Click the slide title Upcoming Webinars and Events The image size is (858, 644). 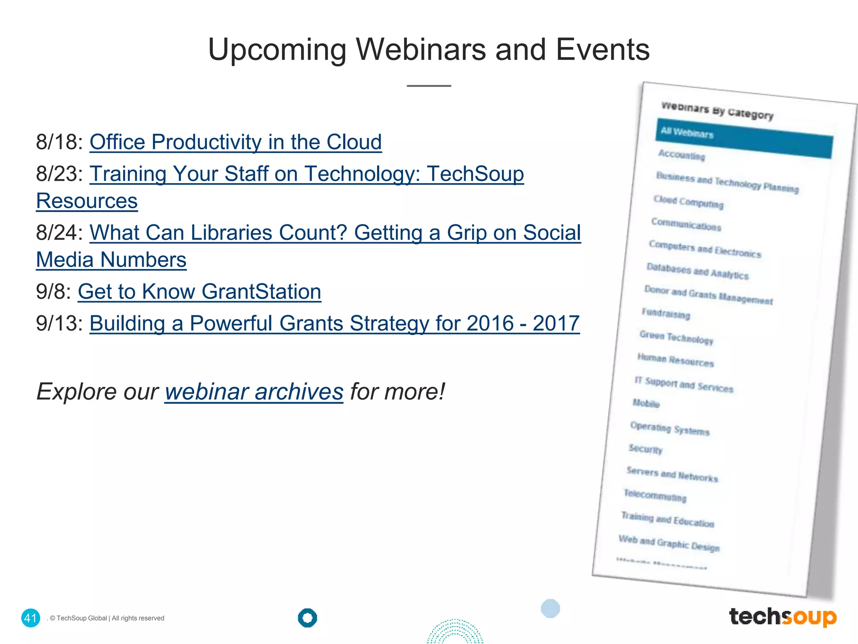[429, 49]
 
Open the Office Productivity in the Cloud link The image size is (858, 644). [235, 142]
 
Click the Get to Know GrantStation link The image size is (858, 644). [199, 291]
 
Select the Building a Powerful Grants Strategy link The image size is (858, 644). [334, 323]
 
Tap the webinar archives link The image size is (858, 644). [254, 392]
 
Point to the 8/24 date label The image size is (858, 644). [59, 233]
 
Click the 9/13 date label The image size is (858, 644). [59, 323]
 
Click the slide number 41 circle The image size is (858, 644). [31, 618]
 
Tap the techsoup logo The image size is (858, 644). [783, 617]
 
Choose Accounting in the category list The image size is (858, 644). [682, 155]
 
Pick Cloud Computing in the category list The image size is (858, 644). [688, 202]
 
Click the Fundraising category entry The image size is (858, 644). [666, 314]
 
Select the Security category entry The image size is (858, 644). [646, 449]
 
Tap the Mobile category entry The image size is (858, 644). [646, 403]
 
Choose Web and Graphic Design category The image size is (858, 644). [669, 543]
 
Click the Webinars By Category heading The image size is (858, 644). [717, 111]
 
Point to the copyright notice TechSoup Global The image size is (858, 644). [107, 618]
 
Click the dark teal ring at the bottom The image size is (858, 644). [308, 618]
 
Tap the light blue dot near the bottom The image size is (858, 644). [550, 608]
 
